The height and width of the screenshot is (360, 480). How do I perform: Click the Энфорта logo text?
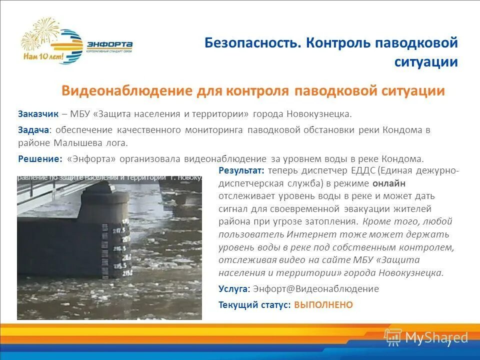[x=109, y=43]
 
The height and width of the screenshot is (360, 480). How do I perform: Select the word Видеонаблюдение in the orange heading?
[x=127, y=91]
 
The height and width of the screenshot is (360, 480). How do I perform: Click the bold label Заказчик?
[x=38, y=114]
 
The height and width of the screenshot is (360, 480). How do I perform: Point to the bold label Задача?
[x=33, y=130]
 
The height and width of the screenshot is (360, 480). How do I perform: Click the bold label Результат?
[x=237, y=170]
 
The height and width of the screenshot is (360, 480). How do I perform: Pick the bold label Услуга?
[x=233, y=289]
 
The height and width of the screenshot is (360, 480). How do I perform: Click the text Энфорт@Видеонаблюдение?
[x=316, y=289]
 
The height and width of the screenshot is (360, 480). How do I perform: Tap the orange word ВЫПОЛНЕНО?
[x=323, y=305]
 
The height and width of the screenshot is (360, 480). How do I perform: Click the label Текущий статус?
[x=254, y=305]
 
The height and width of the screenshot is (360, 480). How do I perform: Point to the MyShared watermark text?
[x=436, y=337]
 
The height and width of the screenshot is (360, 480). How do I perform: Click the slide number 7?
[x=449, y=343]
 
